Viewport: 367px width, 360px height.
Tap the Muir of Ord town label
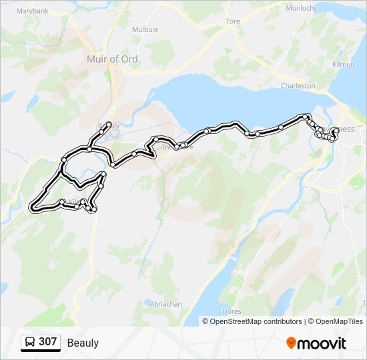pyautogui.click(x=112, y=59)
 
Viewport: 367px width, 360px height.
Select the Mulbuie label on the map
pyautogui.click(x=145, y=30)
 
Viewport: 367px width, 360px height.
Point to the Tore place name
pyautogui.click(x=233, y=22)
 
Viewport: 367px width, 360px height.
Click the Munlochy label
pyautogui.click(x=300, y=9)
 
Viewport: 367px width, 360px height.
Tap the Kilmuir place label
pyautogui.click(x=344, y=64)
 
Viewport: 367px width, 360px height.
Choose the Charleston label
pyautogui.click(x=298, y=86)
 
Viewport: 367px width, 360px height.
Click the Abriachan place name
pyautogui.click(x=166, y=304)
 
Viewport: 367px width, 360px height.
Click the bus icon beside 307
pyautogui.click(x=30, y=342)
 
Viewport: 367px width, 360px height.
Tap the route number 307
pyautogui.click(x=47, y=342)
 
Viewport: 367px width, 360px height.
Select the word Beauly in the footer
pyautogui.click(x=83, y=343)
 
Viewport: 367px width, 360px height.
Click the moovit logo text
pyautogui.click(x=322, y=343)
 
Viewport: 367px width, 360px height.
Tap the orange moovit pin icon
pyautogui.click(x=291, y=343)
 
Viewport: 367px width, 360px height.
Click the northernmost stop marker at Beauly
pyautogui.click(x=109, y=124)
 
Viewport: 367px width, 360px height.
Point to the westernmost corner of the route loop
pyautogui.click(x=31, y=207)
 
